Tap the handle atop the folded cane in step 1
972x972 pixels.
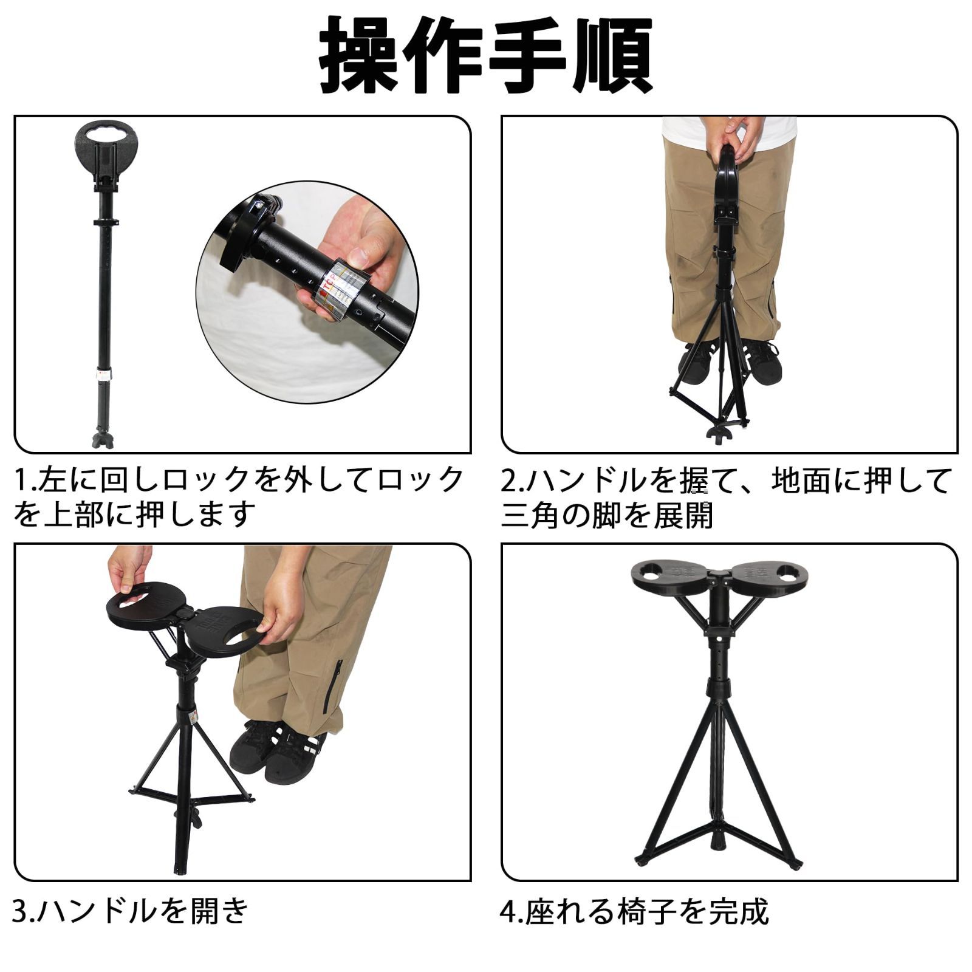coord(104,146)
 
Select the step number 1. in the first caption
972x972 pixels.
coord(26,481)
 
